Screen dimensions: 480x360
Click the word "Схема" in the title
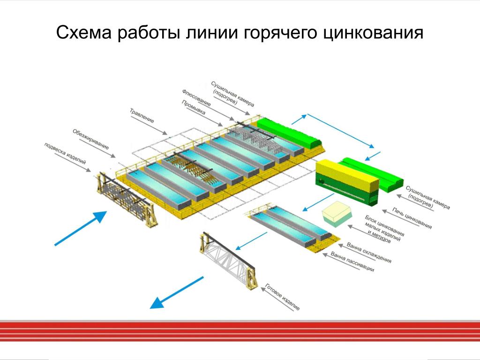(x=84, y=32)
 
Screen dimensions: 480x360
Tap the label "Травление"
(x=142, y=115)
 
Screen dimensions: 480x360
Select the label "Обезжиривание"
(x=90, y=139)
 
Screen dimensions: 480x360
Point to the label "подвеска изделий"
(x=65, y=153)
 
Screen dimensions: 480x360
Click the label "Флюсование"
(x=196, y=97)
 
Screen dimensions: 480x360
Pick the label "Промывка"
(x=194, y=107)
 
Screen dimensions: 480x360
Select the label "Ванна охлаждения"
(x=369, y=253)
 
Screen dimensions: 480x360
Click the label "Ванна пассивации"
(x=352, y=262)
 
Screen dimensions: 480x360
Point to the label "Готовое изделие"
(x=282, y=297)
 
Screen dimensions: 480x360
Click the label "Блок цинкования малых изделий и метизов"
(x=384, y=229)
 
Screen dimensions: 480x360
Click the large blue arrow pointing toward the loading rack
(x=81, y=228)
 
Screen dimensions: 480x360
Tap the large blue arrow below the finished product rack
(x=177, y=292)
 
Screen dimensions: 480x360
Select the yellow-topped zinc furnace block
(x=347, y=182)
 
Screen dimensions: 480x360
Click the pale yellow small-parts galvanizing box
(x=337, y=213)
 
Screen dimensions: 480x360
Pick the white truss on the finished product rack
(x=228, y=260)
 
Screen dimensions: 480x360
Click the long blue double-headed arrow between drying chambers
(x=340, y=131)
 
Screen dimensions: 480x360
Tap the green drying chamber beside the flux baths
(x=288, y=132)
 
